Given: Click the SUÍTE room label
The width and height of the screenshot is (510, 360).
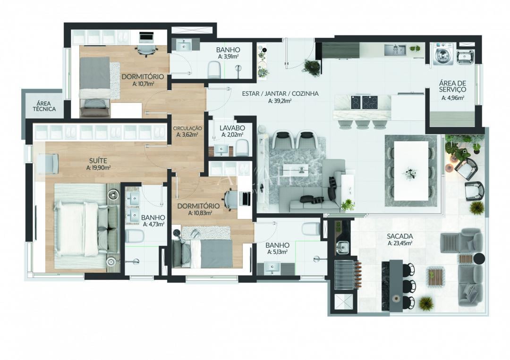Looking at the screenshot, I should (x=98, y=161).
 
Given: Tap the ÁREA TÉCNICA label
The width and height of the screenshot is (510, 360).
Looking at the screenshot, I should (x=44, y=106).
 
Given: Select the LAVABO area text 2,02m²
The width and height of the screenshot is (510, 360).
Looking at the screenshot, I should (x=231, y=135).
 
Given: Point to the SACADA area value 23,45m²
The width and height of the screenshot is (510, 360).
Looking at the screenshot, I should (x=400, y=243).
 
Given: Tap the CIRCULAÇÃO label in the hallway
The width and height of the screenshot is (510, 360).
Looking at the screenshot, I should (x=187, y=128).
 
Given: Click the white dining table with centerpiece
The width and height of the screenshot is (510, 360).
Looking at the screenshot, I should (x=411, y=170).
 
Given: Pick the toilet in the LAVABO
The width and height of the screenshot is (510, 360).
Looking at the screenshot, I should (x=242, y=149).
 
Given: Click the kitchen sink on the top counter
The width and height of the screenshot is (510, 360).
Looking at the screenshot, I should (x=395, y=49).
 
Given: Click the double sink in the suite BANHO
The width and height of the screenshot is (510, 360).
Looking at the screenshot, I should (x=134, y=206).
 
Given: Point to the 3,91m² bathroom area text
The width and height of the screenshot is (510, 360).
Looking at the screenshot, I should (x=228, y=57).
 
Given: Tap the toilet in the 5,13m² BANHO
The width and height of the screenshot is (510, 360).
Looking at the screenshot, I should (x=310, y=228).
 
